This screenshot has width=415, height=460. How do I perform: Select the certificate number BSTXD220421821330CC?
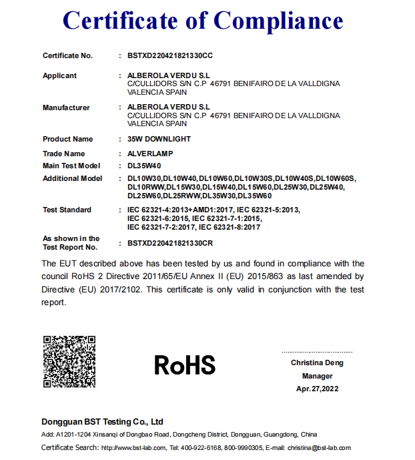tap(170, 55)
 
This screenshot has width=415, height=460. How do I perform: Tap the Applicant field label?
tap(59, 75)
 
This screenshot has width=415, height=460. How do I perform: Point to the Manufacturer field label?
tap(66, 107)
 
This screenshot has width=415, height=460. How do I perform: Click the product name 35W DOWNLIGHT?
tap(159, 139)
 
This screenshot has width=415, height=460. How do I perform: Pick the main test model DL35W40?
tap(144, 166)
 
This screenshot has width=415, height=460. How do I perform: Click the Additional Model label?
tap(72, 178)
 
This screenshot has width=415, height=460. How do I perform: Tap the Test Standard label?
tap(67, 210)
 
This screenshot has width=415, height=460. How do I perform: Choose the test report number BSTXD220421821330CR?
tap(170, 243)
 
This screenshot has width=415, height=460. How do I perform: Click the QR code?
tap(69, 361)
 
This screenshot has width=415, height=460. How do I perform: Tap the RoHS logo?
tap(185, 365)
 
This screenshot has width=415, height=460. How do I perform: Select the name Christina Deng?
tap(317, 363)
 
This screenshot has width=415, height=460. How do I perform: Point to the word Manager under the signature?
tap(317, 376)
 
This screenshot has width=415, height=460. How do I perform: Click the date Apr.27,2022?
tap(317, 389)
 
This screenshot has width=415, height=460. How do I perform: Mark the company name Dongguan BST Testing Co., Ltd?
tap(102, 422)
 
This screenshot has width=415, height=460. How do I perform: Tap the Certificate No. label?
tap(67, 55)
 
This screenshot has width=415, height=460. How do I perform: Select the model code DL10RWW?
tap(144, 188)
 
